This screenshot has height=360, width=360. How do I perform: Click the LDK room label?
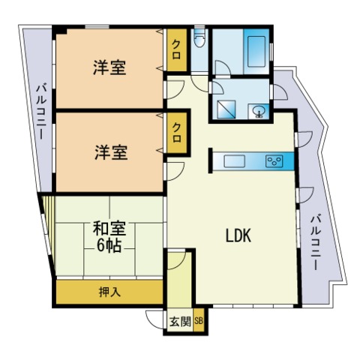point(238,235)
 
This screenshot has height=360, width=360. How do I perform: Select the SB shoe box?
point(199,321)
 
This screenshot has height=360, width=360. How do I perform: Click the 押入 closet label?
point(109,292)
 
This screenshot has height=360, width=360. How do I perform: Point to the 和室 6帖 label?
point(109,236)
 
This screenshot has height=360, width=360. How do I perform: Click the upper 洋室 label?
point(109,67)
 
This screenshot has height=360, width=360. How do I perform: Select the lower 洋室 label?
point(111,152)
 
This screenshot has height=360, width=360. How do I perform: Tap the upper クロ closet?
point(177,50)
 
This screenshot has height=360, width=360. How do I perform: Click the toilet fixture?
point(199,38)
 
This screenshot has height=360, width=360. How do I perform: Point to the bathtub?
point(256,52)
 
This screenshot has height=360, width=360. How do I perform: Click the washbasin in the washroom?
point(258,111)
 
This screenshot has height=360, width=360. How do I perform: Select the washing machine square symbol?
point(226,109)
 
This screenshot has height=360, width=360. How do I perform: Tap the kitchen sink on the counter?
point(234,161)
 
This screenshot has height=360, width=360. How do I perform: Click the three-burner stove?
point(274,161)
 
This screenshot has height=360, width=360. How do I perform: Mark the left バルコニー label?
point(42,112)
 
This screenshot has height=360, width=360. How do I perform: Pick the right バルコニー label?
point(316,242)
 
